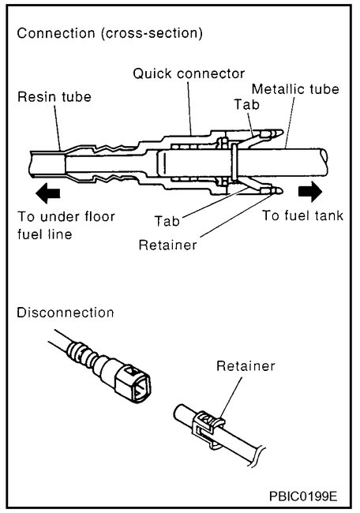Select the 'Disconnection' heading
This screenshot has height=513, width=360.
point(66,312)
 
